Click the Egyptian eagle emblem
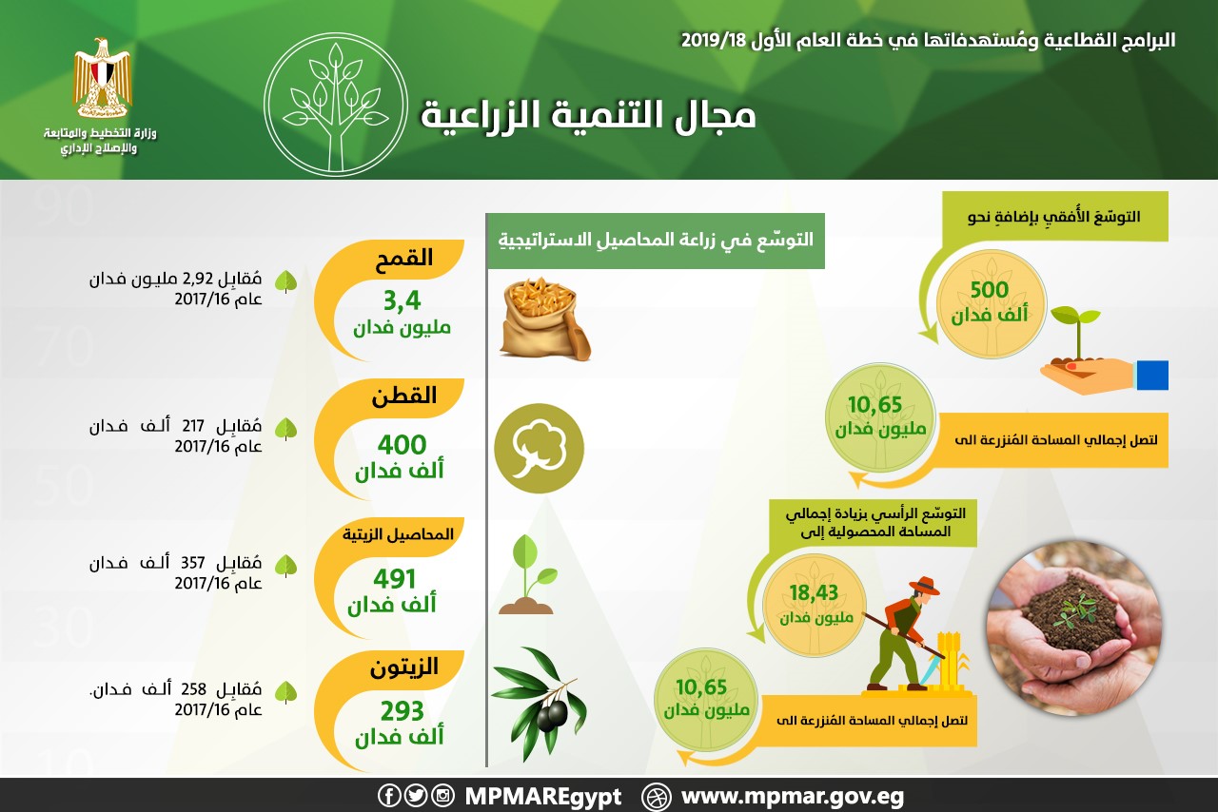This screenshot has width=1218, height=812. [102, 78]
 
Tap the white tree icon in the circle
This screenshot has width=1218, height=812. [336, 105]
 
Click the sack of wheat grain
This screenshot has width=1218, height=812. [545, 319]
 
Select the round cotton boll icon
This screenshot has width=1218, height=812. [539, 449]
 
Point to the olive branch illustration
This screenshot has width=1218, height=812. [539, 703]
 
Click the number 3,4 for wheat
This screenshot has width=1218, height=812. [402, 300]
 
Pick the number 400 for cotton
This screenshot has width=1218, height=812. [402, 445]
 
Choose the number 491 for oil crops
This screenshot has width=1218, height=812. [394, 579]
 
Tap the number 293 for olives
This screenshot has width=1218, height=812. [402, 711]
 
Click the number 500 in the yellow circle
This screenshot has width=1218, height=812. [990, 290]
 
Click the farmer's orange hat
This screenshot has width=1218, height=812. [924, 586]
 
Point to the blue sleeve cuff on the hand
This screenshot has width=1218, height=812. [1152, 375]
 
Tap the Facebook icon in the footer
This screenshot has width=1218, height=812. [389, 796]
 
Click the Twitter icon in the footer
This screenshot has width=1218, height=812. [416, 796]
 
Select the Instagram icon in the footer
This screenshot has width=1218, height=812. [442, 796]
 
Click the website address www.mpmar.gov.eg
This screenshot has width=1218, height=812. [793, 798]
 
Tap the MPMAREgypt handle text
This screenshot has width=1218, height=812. [542, 798]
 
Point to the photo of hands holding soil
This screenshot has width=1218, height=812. [1074, 628]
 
